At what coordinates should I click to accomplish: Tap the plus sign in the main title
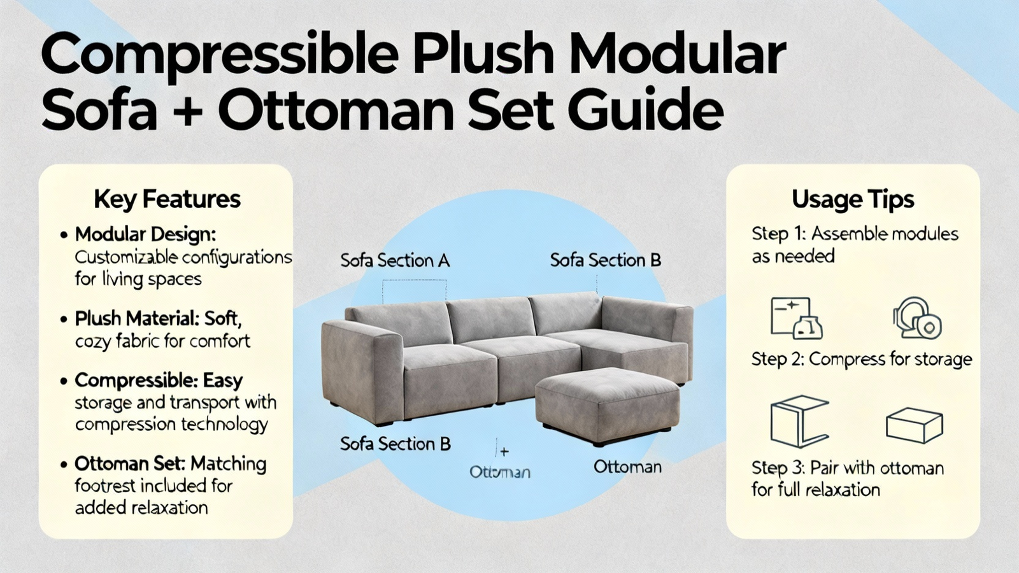(187, 111)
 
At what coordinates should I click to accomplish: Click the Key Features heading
(167, 200)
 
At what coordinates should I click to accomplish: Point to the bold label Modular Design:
(145, 235)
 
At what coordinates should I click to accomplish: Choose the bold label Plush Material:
(136, 319)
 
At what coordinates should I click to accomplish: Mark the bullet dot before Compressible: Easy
(64, 381)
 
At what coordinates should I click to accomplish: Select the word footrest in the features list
(104, 486)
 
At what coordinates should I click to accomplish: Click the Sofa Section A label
(395, 261)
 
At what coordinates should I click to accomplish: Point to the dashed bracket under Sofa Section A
(414, 280)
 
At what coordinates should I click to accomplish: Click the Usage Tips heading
(853, 200)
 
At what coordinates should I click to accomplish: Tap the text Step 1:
(779, 234)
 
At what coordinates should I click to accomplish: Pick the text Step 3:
(779, 468)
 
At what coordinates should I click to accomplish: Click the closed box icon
(915, 426)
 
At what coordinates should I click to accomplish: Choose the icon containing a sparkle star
(797, 318)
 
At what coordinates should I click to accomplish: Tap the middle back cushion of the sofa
(490, 319)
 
